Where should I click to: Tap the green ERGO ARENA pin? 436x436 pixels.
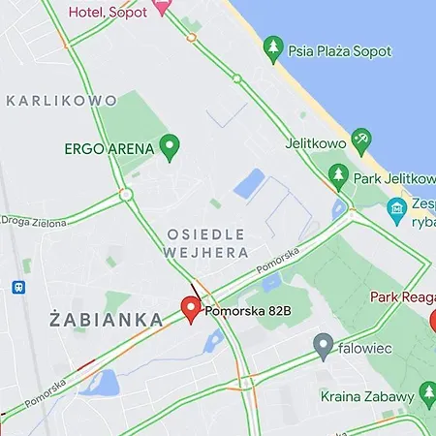[171, 147]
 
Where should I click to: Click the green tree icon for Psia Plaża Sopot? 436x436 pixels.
[274, 46]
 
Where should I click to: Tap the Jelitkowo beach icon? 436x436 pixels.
[361, 140]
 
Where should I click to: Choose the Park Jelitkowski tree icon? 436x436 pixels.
[339, 175]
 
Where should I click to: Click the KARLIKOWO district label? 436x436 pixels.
[61, 100]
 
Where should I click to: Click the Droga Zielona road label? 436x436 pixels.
[35, 222]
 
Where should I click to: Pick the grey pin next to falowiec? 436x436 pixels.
[324, 344]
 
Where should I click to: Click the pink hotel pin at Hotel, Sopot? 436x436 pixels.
[162, 6]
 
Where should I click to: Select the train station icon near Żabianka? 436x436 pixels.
[18, 287]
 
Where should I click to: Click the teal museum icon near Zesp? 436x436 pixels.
[396, 208]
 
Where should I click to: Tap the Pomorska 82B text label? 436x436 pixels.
[243, 310]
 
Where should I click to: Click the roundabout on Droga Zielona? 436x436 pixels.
[126, 195]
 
